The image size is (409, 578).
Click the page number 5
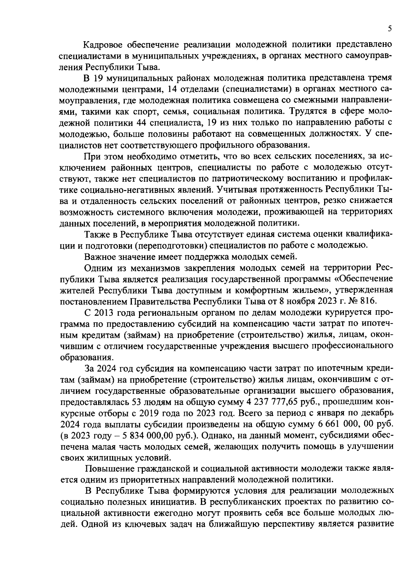pyautogui.click(x=389, y=30)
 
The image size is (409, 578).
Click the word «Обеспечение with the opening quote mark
pyautogui.click(x=362, y=279)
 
